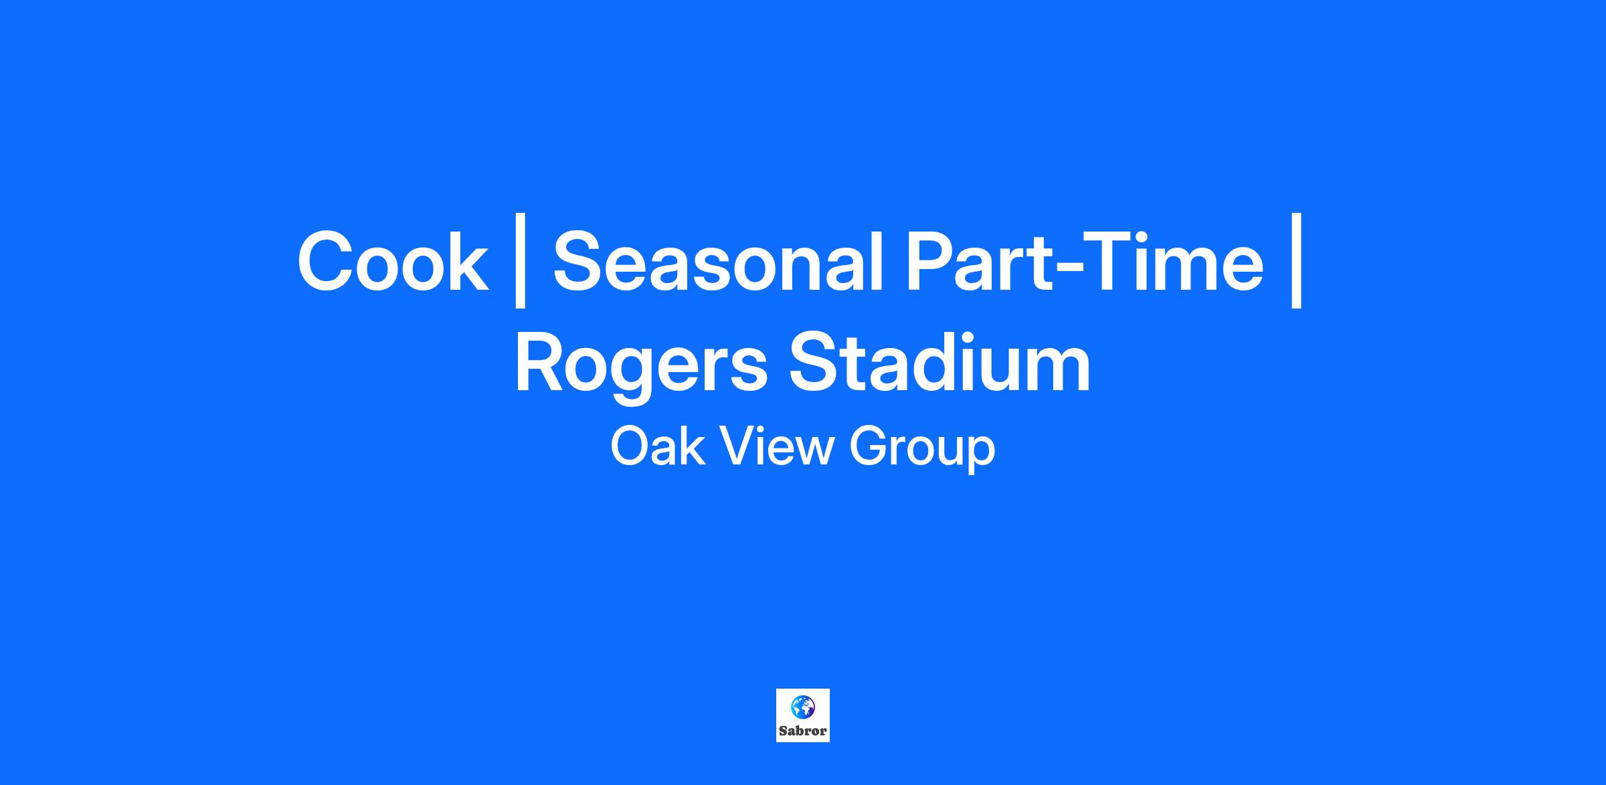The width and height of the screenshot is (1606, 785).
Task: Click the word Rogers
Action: pyautogui.click(x=641, y=367)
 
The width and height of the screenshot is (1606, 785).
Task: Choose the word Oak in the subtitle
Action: pyautogui.click(x=657, y=447)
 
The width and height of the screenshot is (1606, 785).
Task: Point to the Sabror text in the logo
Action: pyautogui.click(x=803, y=731)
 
